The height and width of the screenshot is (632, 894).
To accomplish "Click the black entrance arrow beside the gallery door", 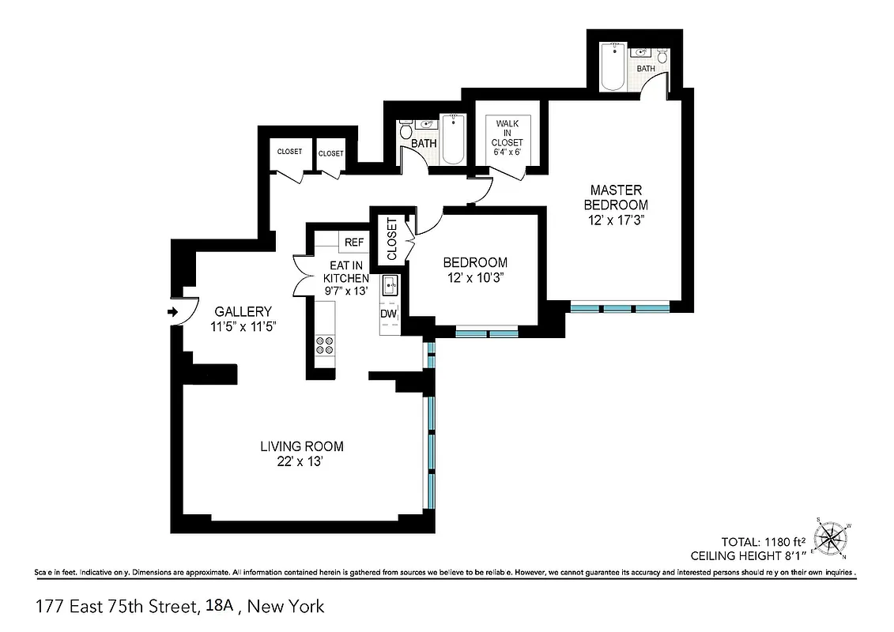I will click(172, 313).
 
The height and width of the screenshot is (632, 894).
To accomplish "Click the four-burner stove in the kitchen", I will click(325, 345).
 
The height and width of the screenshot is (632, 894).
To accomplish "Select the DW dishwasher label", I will click(388, 314).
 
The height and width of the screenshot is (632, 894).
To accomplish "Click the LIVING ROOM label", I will click(302, 446).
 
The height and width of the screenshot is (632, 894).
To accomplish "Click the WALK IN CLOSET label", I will click(507, 133).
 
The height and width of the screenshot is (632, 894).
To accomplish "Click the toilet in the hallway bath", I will click(406, 133).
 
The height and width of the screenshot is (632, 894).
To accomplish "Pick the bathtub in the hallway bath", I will click(453, 140).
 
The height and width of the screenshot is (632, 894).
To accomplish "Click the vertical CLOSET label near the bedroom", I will click(392, 239).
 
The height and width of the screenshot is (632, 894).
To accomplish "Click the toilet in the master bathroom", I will click(662, 58).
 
